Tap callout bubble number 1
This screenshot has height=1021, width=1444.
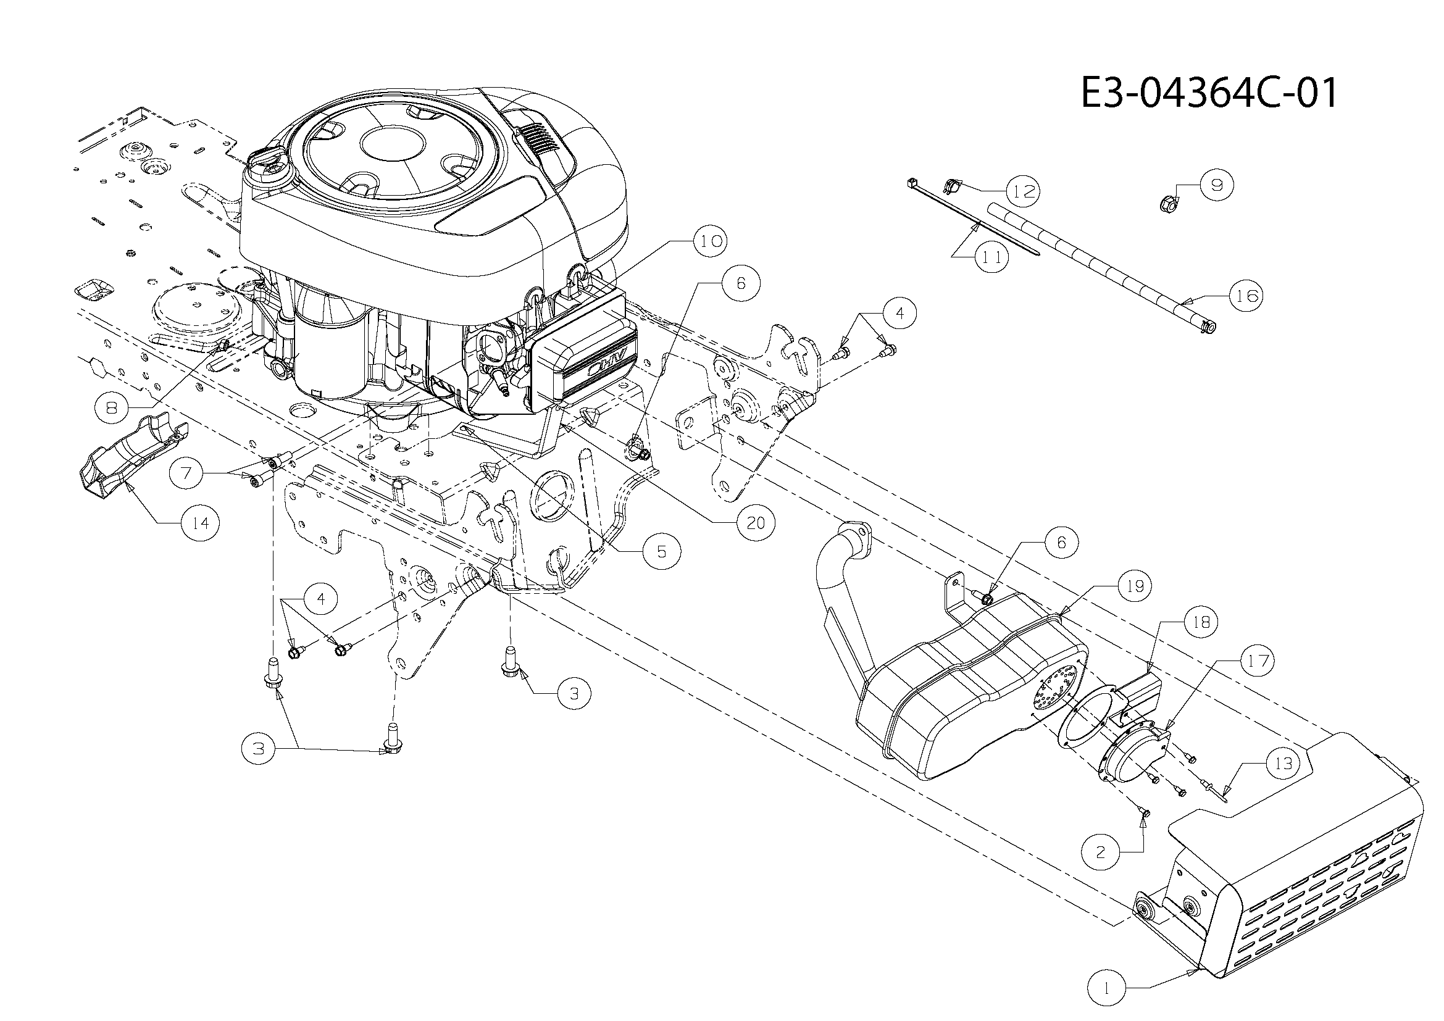click(x=1107, y=988)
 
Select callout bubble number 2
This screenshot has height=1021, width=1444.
click(x=1101, y=852)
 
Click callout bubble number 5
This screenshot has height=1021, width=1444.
click(x=662, y=551)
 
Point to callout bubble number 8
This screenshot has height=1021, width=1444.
click(x=112, y=408)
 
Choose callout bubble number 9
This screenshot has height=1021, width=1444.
click(x=1216, y=184)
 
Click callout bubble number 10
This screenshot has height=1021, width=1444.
click(x=711, y=241)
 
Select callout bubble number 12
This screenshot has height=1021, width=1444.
click(x=1022, y=191)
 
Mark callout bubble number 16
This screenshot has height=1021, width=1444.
click(x=1246, y=295)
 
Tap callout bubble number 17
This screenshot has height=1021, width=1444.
click(x=1258, y=661)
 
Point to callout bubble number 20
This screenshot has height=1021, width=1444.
click(x=756, y=522)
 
